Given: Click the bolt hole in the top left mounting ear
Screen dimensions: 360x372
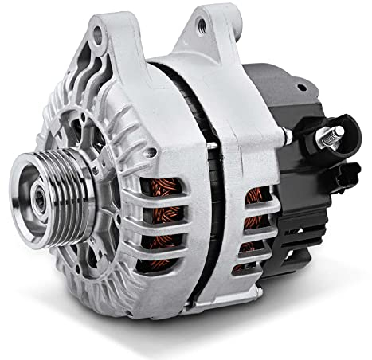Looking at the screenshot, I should (97, 34).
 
